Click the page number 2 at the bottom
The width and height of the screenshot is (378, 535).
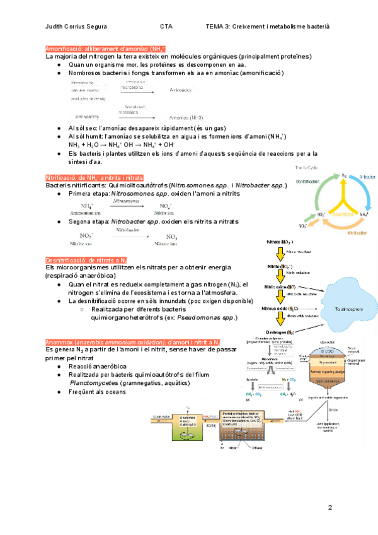[x=329, y=508]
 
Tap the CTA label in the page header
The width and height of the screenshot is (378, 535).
[x=166, y=26]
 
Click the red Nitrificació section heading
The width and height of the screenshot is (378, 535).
[x=94, y=177]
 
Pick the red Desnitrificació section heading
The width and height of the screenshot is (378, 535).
[x=87, y=260]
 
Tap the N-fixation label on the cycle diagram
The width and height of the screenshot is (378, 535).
[x=368, y=177]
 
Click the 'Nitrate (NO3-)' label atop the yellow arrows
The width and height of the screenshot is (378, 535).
[x=280, y=242]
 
